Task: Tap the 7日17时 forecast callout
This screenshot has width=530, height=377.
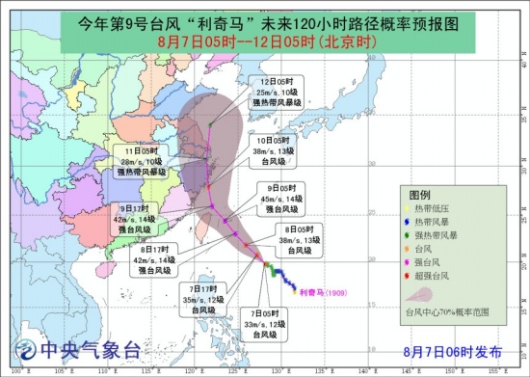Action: point(202,298)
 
